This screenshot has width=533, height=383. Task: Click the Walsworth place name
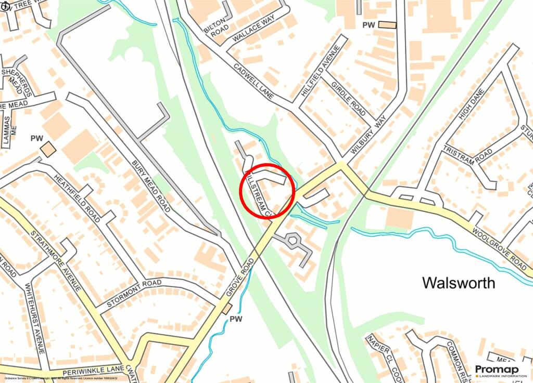[x=459, y=283]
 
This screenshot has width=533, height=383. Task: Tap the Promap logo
[x=497, y=371]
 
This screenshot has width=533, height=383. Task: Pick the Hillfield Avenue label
[x=320, y=71]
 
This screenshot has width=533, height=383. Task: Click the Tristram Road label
[x=460, y=155]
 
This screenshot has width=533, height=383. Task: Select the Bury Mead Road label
[x=150, y=186]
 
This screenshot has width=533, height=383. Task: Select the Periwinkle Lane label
[x=92, y=371]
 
